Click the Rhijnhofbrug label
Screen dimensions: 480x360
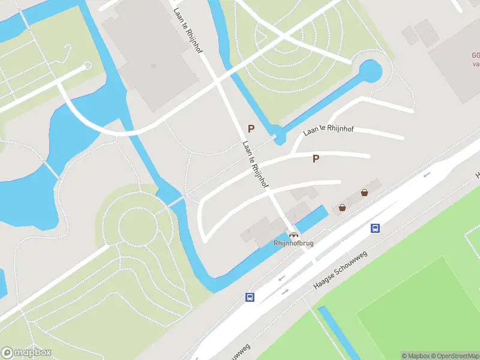pyautogui.click(x=293, y=243)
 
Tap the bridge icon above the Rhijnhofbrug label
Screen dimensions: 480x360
pyautogui.click(x=293, y=234)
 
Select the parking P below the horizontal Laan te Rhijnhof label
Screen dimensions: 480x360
pyautogui.click(x=316, y=158)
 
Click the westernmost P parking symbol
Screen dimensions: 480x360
pyautogui.click(x=251, y=128)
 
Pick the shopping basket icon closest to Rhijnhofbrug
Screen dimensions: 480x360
pyautogui.click(x=342, y=208)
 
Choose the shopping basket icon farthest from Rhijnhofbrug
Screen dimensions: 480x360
pyautogui.click(x=364, y=193)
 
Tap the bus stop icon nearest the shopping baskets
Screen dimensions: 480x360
pyautogui.click(x=375, y=228)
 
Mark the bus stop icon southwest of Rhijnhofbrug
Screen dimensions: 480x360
pyautogui.click(x=250, y=297)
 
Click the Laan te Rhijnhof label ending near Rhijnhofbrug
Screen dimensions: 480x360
pyautogui.click(x=255, y=164)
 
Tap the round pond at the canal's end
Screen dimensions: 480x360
pyautogui.click(x=370, y=72)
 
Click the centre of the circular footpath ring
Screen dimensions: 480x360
pyautogui.click(x=137, y=226)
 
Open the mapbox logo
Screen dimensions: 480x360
pyautogui.click(x=26, y=353)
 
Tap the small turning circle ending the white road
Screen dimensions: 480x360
pyautogui.click(x=86, y=65)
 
